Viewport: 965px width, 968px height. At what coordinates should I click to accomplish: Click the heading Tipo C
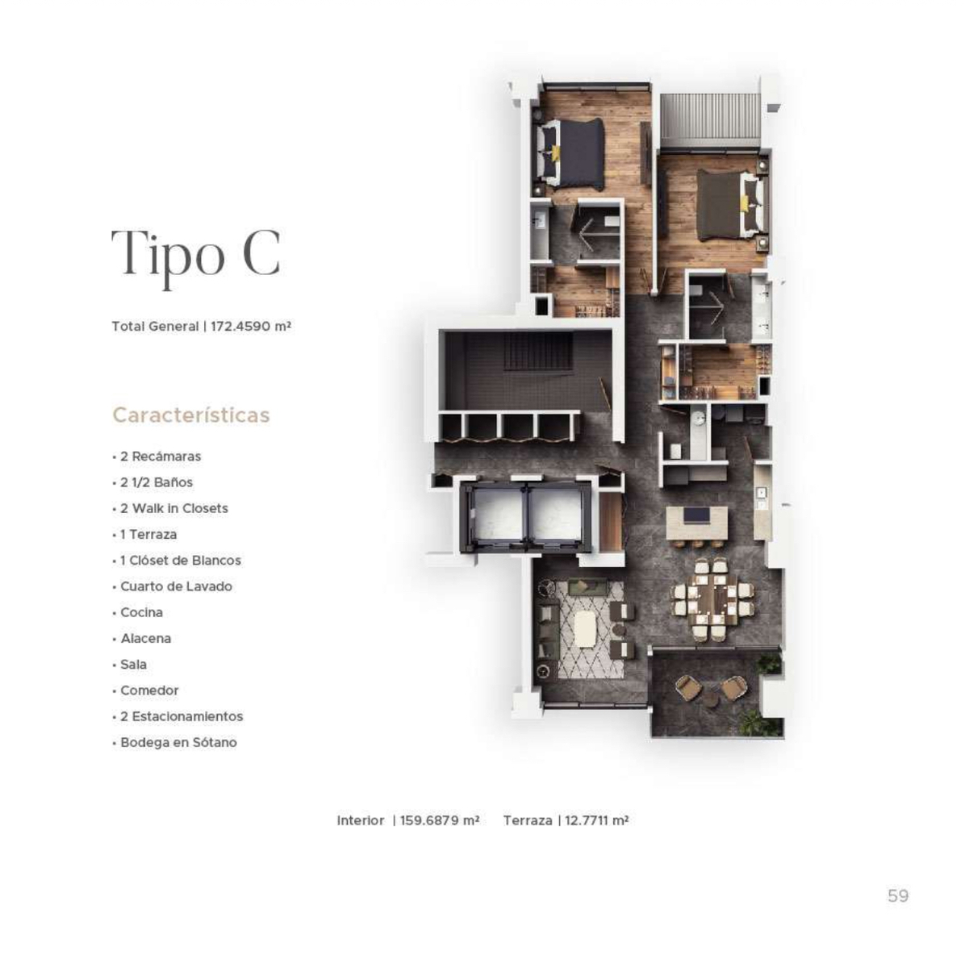(195, 253)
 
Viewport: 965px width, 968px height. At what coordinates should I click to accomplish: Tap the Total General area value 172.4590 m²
(251, 327)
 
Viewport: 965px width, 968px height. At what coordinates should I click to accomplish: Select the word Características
(191, 415)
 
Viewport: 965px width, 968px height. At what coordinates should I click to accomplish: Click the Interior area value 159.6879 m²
(440, 821)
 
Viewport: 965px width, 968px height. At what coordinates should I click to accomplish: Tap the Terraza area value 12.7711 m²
(596, 821)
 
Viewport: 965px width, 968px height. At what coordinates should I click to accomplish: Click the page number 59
(898, 895)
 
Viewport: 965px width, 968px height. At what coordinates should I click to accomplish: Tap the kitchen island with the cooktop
(696, 523)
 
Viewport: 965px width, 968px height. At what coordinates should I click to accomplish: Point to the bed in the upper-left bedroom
(572, 152)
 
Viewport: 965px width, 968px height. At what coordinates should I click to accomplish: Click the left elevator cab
(495, 517)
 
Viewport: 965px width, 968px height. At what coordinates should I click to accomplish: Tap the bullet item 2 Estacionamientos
(182, 716)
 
